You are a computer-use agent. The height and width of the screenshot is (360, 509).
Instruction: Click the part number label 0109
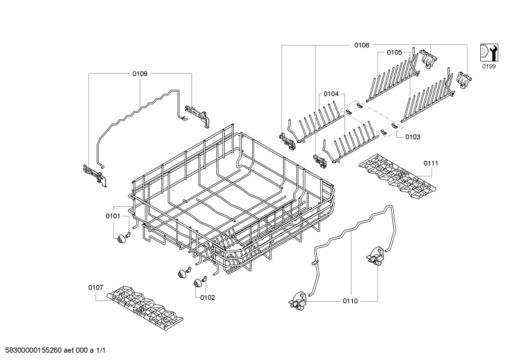click(x=140, y=74)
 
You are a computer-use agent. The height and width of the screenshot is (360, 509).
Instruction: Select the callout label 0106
click(x=362, y=45)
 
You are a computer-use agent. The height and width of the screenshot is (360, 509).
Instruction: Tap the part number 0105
click(x=394, y=53)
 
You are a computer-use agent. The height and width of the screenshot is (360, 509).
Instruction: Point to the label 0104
click(x=331, y=94)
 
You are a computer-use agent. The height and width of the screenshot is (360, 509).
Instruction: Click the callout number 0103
click(x=412, y=137)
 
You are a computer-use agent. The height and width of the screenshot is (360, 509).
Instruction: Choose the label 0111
click(x=431, y=163)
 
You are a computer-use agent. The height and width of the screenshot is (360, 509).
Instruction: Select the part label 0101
click(x=113, y=216)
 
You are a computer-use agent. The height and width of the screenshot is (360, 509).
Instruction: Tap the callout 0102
click(x=207, y=297)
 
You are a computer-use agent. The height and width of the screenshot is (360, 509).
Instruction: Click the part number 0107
click(x=96, y=287)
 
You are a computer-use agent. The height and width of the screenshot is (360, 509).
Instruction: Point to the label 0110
click(x=350, y=301)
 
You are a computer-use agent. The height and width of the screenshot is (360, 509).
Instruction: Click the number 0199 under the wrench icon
click(x=489, y=67)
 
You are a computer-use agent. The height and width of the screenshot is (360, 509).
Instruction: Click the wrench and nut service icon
click(x=489, y=53)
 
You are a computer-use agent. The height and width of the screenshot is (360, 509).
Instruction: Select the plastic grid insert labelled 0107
click(x=145, y=308)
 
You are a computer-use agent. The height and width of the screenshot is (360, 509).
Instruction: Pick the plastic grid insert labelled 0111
click(x=398, y=176)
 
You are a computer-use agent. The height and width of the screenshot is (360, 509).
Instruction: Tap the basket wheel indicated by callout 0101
click(x=122, y=240)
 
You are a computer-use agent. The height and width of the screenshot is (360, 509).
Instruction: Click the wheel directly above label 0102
click(x=198, y=283)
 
